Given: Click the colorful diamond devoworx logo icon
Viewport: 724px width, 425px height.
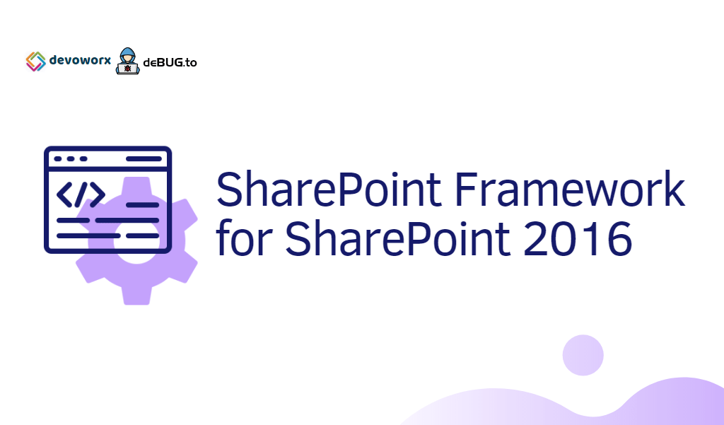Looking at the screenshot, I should pos(35,62).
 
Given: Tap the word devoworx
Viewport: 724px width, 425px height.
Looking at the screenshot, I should pos(80,61).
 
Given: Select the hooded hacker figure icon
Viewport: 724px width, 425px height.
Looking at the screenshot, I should pos(127,62).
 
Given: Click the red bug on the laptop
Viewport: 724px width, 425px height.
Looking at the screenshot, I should pos(127,69).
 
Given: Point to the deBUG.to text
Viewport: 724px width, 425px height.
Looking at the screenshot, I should pos(170,62).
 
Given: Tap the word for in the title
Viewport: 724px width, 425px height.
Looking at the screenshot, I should pos(244,240).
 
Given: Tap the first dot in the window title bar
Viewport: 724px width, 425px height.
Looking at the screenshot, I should pos(59,159).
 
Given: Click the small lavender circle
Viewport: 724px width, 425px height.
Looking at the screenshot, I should pos(583,355).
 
